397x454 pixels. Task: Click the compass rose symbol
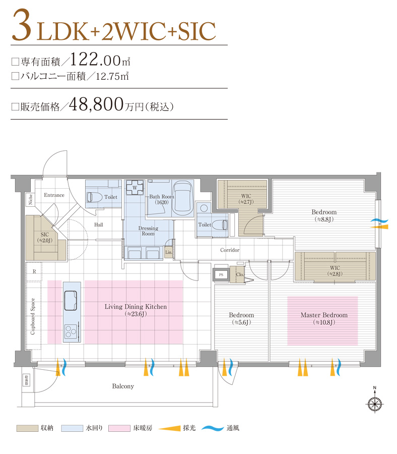click(374, 403)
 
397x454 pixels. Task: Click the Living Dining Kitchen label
click(136, 307)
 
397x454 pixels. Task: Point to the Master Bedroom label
click(323, 315)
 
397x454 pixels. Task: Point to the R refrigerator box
click(34, 271)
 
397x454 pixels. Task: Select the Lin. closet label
click(168, 251)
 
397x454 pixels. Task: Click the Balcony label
click(122, 386)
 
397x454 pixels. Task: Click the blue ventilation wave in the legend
click(213, 429)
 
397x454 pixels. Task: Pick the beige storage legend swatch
click(27, 428)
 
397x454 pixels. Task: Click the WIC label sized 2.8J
click(336, 270)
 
